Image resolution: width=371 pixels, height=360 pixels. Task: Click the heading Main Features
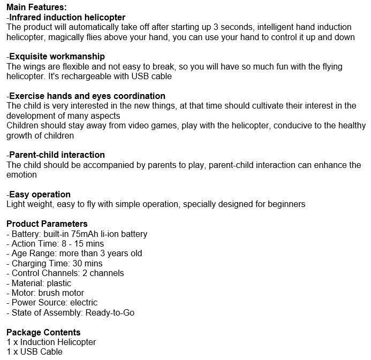[x=36, y=7]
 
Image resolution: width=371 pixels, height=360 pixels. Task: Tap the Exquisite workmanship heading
[x=57, y=57]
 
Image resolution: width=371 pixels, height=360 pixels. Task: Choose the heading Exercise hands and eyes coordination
[x=87, y=96]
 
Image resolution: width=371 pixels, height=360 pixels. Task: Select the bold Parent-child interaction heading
[x=57, y=155]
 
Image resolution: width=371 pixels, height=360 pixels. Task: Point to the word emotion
[x=21, y=175]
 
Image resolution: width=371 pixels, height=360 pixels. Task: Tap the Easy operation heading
[x=40, y=194]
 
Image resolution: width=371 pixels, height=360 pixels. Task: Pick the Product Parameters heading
[x=47, y=224]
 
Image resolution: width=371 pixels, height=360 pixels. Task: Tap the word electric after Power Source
[x=84, y=303]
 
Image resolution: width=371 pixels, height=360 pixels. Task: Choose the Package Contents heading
[x=43, y=332]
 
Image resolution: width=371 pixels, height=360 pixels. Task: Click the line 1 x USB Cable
[x=35, y=352]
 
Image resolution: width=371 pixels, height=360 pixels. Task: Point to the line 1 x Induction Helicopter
[x=51, y=342]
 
